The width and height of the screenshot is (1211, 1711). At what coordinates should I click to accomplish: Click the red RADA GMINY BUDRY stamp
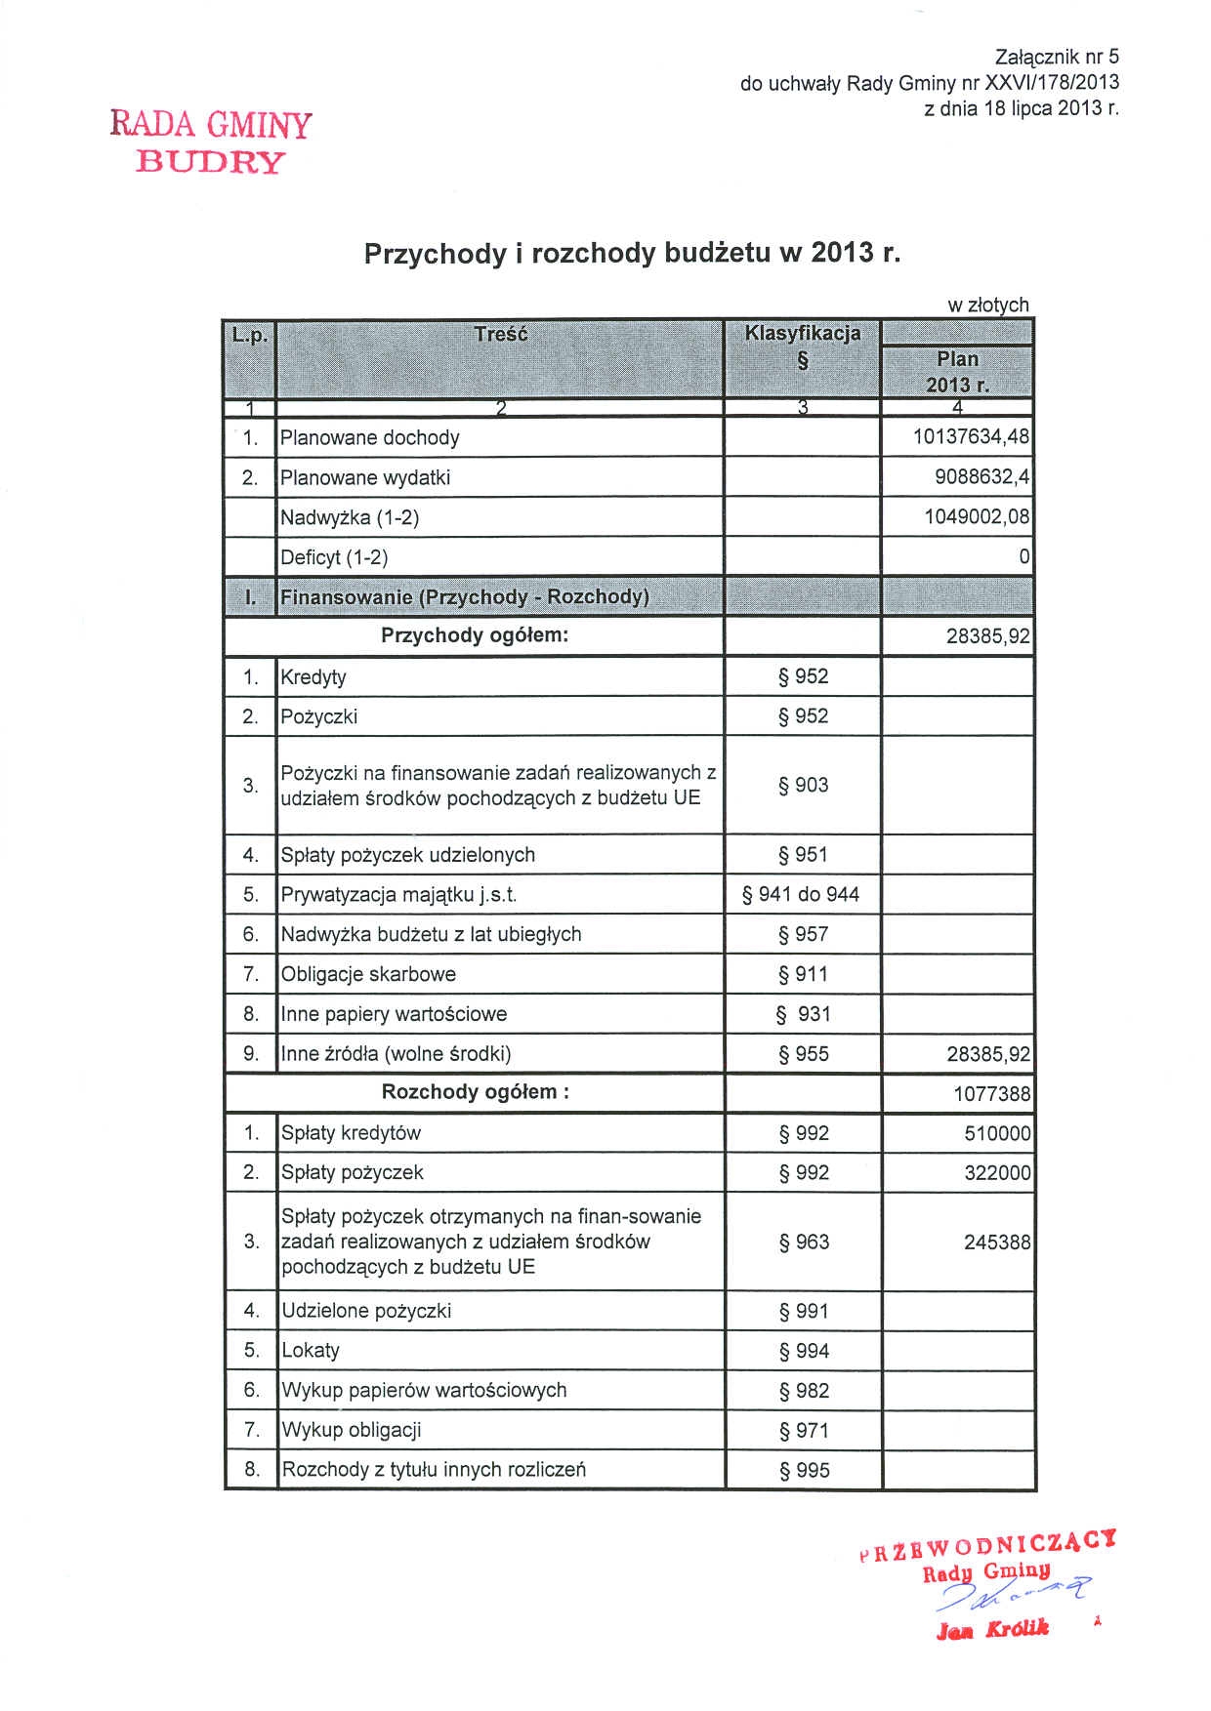(x=211, y=142)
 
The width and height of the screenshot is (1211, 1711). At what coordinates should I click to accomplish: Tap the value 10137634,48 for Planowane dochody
(x=971, y=437)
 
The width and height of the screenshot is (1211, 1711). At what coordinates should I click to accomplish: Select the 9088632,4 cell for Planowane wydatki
(x=981, y=477)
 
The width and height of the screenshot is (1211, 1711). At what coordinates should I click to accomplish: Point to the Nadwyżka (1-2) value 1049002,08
(x=977, y=516)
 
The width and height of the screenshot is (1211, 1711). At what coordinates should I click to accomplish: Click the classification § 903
(x=803, y=785)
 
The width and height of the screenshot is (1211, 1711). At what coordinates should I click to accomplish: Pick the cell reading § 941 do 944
(x=801, y=894)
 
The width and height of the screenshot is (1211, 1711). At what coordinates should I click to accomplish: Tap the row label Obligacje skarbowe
(x=368, y=974)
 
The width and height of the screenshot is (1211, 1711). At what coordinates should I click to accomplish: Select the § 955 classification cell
(x=803, y=1054)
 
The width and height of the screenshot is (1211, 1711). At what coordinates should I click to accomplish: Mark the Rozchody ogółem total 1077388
(x=991, y=1094)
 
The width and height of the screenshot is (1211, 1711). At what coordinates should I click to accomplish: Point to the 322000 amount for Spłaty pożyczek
(x=997, y=1173)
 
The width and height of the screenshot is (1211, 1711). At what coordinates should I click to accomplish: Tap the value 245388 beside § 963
(x=996, y=1243)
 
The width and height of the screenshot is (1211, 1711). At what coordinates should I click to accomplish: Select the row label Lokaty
(x=311, y=1351)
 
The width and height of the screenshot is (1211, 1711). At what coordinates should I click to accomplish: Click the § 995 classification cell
(x=804, y=1470)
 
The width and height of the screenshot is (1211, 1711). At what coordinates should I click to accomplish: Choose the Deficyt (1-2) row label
(x=334, y=557)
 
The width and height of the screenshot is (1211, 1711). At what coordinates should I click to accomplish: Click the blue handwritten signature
(x=1011, y=1596)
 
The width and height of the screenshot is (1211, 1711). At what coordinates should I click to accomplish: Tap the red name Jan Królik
(x=992, y=1629)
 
